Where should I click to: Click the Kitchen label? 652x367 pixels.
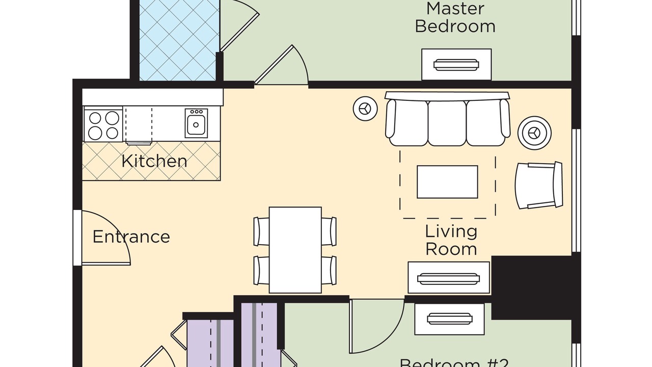click(x=154, y=161)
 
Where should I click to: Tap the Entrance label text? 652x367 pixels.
click(x=131, y=237)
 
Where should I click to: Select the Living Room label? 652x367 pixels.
click(x=451, y=240)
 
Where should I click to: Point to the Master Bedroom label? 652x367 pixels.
click(x=455, y=17)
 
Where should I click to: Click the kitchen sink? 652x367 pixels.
click(x=196, y=122)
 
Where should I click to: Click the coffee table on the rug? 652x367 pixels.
click(x=447, y=181)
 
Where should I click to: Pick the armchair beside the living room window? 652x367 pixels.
click(x=539, y=185)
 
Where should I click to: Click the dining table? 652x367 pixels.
click(x=295, y=250)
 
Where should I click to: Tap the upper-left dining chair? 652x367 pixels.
click(x=261, y=231)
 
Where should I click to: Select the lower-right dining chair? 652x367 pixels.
click(x=329, y=270)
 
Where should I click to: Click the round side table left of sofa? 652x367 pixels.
click(x=365, y=109)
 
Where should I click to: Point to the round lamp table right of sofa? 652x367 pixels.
click(x=534, y=133)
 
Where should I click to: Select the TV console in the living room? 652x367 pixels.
click(x=448, y=278)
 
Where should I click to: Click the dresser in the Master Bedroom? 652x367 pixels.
click(x=456, y=65)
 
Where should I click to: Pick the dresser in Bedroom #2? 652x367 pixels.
click(x=449, y=319)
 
